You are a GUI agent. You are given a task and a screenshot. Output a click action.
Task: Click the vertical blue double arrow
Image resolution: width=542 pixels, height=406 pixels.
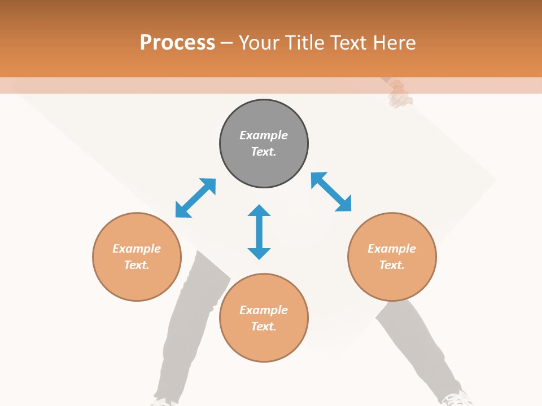[x=259, y=232]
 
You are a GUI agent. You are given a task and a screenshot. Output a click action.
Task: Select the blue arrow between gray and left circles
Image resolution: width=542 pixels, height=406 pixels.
[x=195, y=198]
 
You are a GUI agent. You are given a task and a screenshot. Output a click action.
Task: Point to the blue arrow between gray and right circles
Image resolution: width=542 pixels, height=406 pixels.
[x=331, y=192]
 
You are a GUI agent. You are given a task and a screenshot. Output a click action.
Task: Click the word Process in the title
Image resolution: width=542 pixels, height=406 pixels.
[x=177, y=42]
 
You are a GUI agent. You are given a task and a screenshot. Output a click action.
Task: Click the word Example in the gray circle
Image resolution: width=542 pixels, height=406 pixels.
[x=264, y=135]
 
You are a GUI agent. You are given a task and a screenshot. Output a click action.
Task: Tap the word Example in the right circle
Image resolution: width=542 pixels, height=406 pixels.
[x=392, y=249]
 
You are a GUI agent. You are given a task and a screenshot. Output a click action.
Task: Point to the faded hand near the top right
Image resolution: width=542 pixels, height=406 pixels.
[x=400, y=94]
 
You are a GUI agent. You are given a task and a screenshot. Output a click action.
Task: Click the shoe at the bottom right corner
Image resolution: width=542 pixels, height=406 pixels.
[x=456, y=399]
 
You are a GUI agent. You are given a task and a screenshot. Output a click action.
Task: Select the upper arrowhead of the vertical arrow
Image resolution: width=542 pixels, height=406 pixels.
[x=259, y=211]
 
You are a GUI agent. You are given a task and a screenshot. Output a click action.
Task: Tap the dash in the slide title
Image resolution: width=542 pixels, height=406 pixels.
[x=227, y=43]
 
